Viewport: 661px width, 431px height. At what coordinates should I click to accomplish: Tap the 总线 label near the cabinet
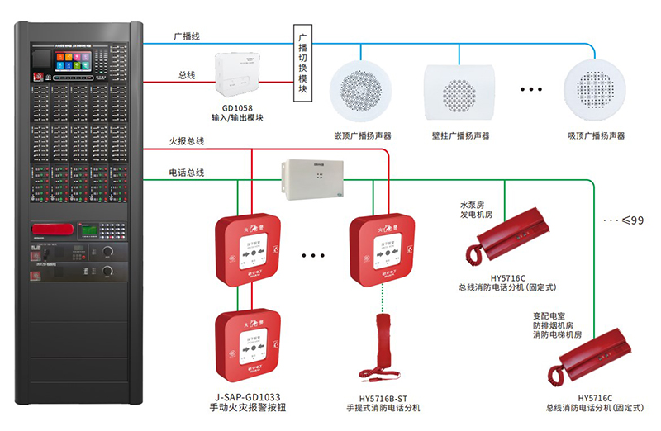(187, 75)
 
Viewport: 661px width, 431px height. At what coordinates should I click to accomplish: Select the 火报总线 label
(187, 141)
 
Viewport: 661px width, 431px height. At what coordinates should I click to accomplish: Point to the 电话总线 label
(187, 173)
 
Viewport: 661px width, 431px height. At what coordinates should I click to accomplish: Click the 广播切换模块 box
(302, 65)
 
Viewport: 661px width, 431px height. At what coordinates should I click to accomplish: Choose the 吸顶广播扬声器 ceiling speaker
(595, 89)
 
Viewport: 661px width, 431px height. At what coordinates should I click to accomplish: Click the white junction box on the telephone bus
(315, 179)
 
